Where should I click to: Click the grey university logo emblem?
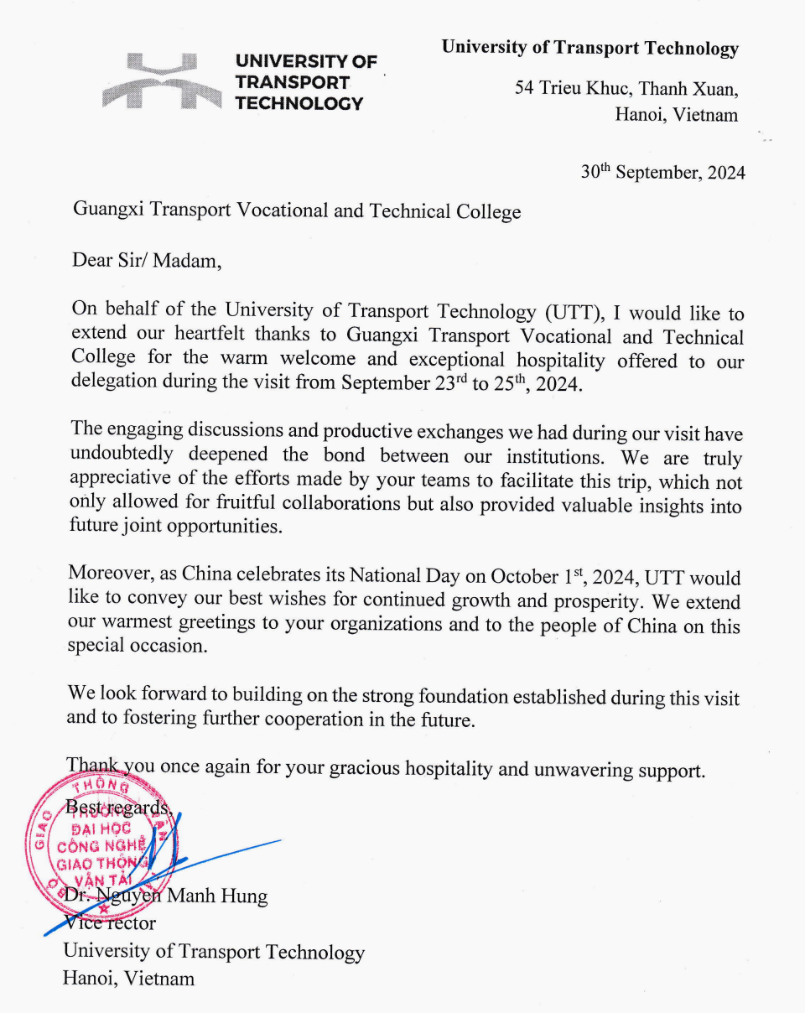point(161,81)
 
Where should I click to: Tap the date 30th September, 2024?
point(662,173)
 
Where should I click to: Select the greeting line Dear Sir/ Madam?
point(147,260)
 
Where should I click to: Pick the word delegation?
point(113,382)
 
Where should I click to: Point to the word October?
point(524,577)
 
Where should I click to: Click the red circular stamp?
point(101,843)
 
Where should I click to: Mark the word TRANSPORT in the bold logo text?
point(293,83)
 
